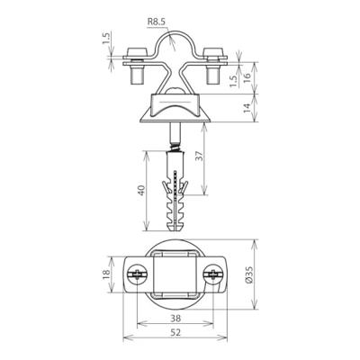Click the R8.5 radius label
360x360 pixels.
click(x=157, y=22)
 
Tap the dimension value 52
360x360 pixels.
click(x=175, y=332)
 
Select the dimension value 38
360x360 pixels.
click(x=175, y=318)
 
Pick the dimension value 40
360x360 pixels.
click(x=141, y=191)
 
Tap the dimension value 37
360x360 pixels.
click(x=200, y=157)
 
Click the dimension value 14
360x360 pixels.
click(x=247, y=108)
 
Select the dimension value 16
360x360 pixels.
click(x=247, y=78)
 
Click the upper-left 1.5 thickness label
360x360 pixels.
click(x=107, y=38)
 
